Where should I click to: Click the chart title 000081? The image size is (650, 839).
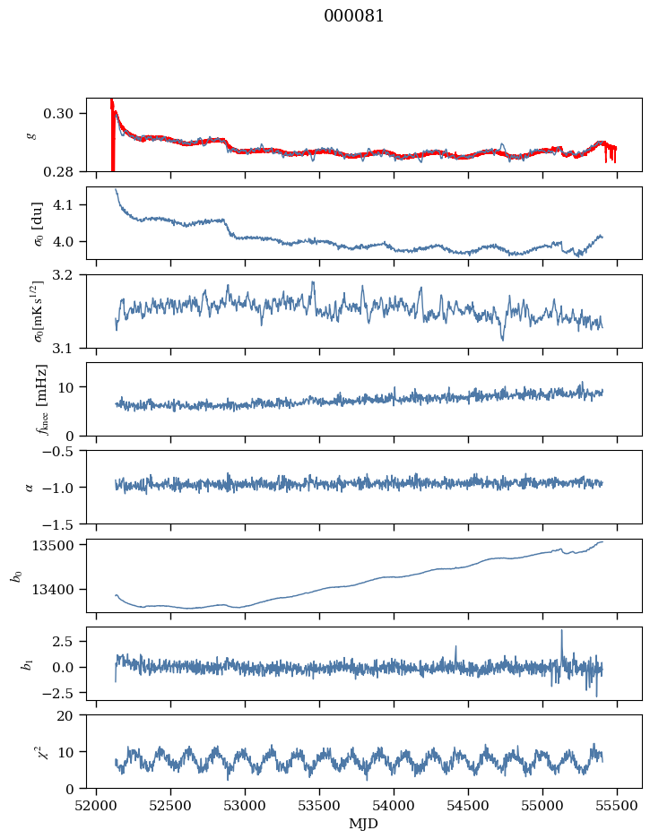353,16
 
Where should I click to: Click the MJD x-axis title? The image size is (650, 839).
363,824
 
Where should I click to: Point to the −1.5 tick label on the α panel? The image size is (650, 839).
60,523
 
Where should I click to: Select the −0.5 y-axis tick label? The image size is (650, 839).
60,451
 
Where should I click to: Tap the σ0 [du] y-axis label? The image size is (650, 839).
38,224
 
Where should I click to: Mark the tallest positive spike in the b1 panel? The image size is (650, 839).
562,630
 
